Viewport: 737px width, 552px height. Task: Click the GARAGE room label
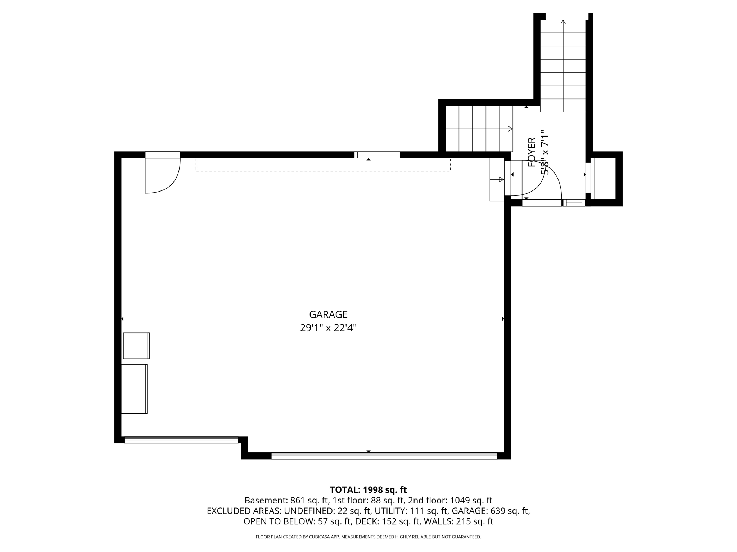pos(328,314)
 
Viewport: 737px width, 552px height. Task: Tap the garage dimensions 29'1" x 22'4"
pos(328,328)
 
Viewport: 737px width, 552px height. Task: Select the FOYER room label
pos(532,152)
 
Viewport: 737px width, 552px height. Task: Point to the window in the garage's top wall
pos(377,155)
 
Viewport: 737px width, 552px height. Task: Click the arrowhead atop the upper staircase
pos(563,22)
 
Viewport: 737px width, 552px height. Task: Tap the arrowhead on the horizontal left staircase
pos(510,129)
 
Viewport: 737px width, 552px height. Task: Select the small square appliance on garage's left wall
pos(136,346)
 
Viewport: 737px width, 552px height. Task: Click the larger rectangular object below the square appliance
pos(134,389)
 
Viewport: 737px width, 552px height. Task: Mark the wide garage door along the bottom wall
pos(384,456)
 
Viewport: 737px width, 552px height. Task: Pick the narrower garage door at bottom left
pos(181,440)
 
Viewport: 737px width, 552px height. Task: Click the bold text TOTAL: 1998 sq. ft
pos(368,490)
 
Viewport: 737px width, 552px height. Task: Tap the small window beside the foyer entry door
pos(574,203)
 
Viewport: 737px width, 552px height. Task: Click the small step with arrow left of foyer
pos(497,180)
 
